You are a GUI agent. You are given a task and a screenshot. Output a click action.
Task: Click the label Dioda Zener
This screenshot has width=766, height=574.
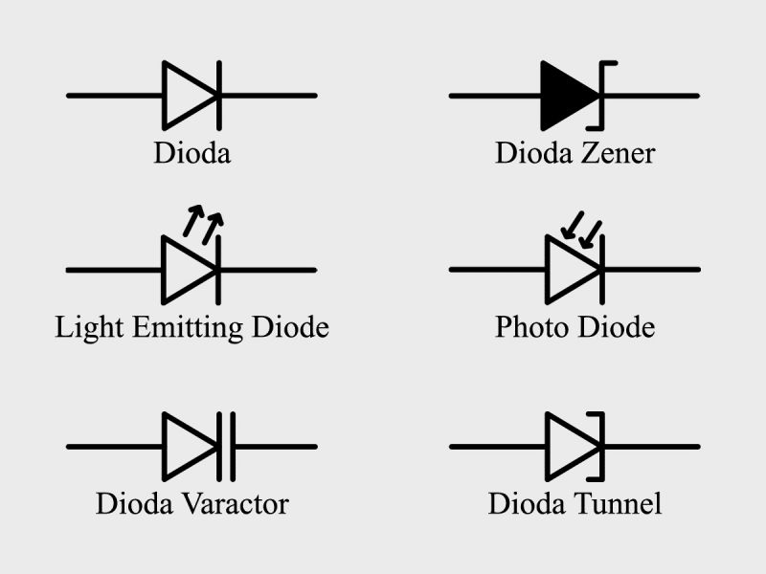pyautogui.click(x=574, y=153)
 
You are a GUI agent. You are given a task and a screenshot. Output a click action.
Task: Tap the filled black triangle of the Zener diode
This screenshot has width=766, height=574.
pyautogui.click(x=566, y=96)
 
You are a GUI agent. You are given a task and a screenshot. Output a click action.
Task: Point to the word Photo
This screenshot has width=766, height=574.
pyautogui.click(x=530, y=328)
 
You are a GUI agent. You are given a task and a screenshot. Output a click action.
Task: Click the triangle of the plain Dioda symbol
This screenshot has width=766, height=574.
pyautogui.click(x=185, y=96)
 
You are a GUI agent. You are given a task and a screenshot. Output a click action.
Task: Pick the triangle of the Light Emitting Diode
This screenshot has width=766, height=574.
pyautogui.click(x=185, y=270)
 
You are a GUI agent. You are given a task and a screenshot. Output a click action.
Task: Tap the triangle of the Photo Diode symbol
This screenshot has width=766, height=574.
pyautogui.click(x=568, y=270)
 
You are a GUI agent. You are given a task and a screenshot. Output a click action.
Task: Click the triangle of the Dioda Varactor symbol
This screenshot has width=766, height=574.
pyautogui.click(x=185, y=446)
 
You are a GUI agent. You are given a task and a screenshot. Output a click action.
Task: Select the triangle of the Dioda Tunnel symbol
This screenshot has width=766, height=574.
pyautogui.click(x=568, y=446)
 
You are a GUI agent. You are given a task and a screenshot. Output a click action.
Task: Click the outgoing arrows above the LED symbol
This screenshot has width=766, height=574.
pyautogui.click(x=204, y=222)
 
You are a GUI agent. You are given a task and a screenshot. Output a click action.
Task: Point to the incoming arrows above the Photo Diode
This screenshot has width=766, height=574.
pyautogui.click(x=582, y=226)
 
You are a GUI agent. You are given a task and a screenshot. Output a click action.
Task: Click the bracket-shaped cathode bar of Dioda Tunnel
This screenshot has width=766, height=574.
pyautogui.click(x=602, y=446)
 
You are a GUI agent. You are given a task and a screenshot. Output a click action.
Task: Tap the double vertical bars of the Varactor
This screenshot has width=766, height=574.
pyautogui.click(x=226, y=446)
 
